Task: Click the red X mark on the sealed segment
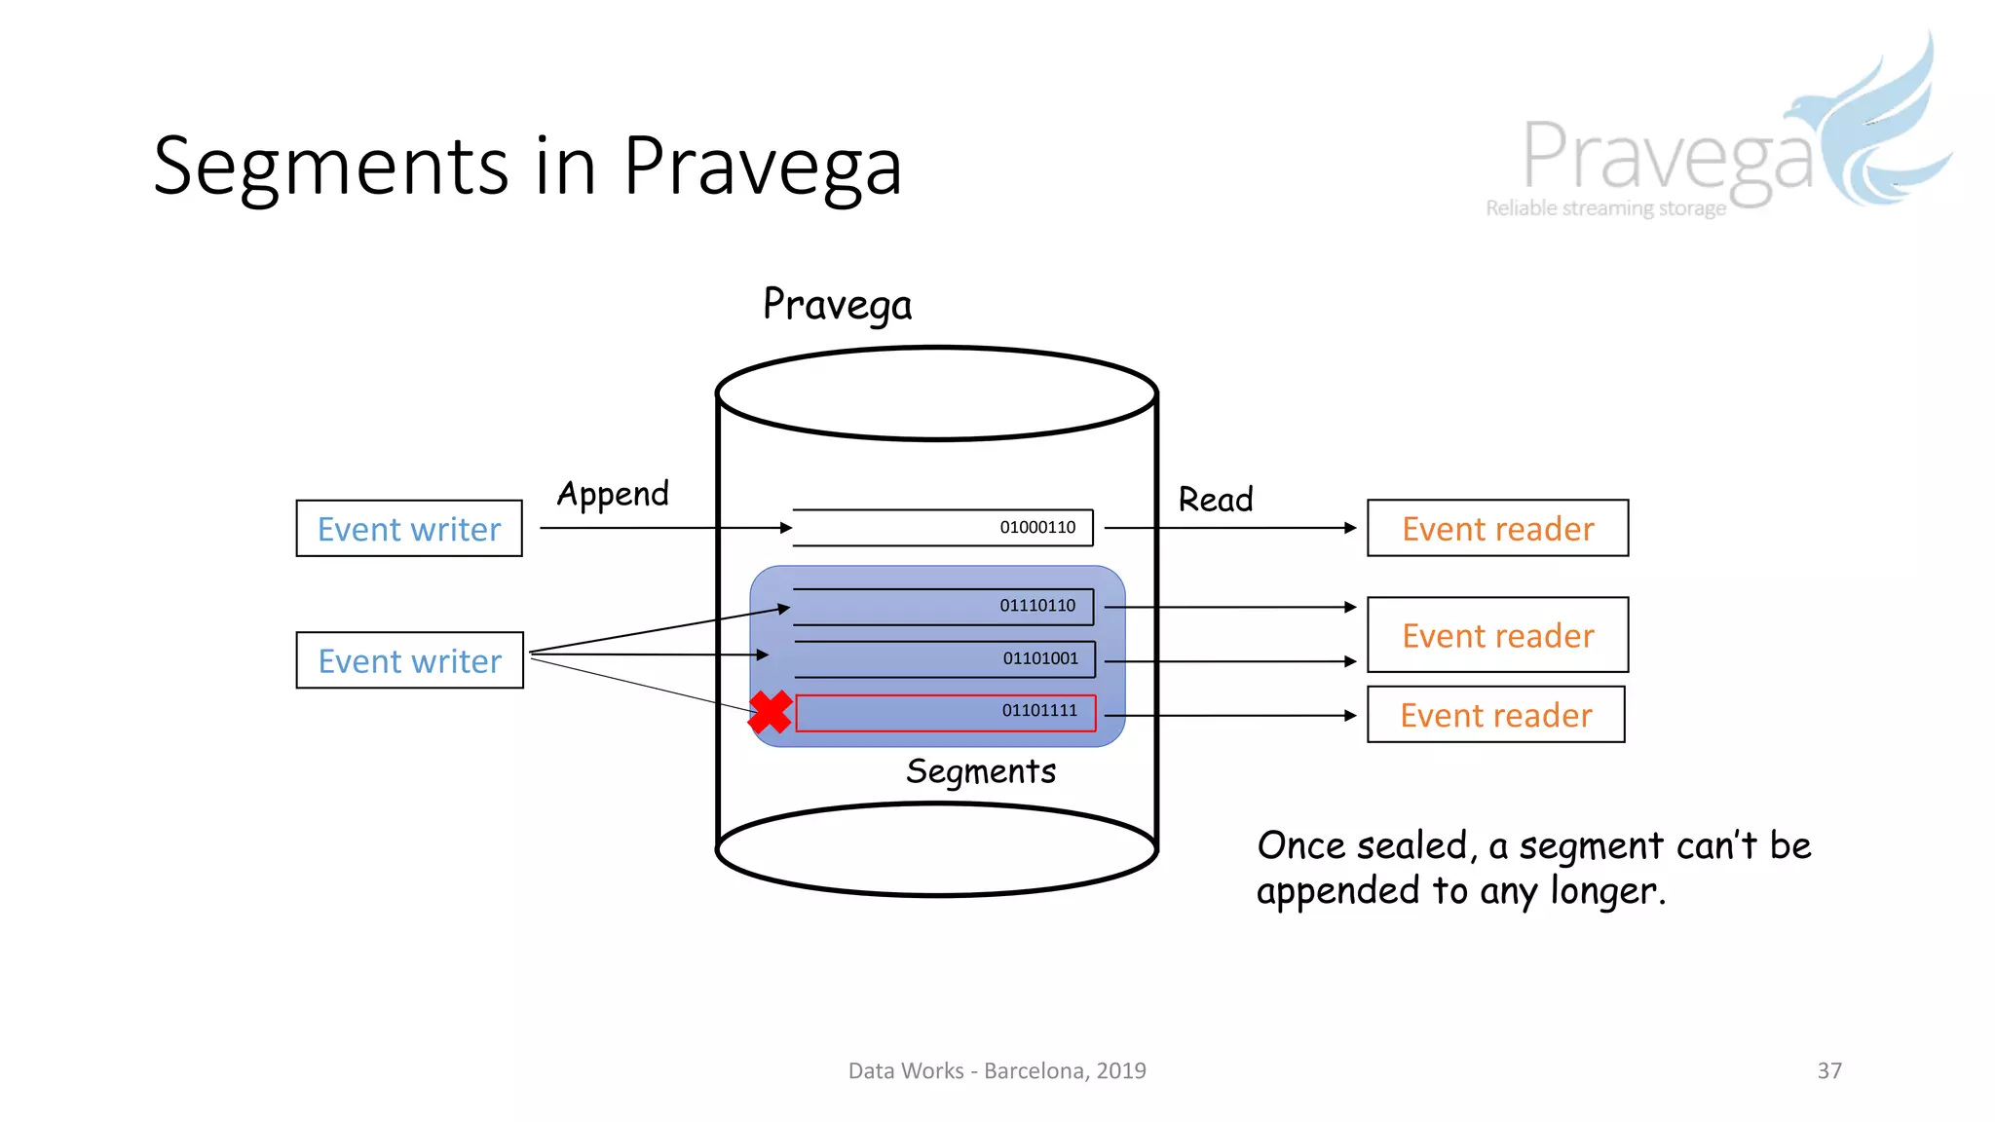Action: [771, 712]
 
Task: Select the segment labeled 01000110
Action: [942, 528]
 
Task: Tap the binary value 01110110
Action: [1037, 606]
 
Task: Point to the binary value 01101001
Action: [1040, 658]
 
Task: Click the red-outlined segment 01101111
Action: [945, 713]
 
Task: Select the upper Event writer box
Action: [409, 529]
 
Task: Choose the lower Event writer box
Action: [409, 660]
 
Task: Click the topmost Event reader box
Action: [1497, 528]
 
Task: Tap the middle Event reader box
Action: [1497, 635]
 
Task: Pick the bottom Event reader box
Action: [1495, 715]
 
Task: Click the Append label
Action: [613, 495]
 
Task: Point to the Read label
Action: [1215, 500]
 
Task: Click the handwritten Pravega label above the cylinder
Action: [837, 305]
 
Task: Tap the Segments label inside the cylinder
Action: [980, 771]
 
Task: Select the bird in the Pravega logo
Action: [1870, 127]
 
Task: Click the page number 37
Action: [1828, 1070]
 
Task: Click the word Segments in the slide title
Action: [331, 168]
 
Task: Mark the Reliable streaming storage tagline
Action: [1605, 208]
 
